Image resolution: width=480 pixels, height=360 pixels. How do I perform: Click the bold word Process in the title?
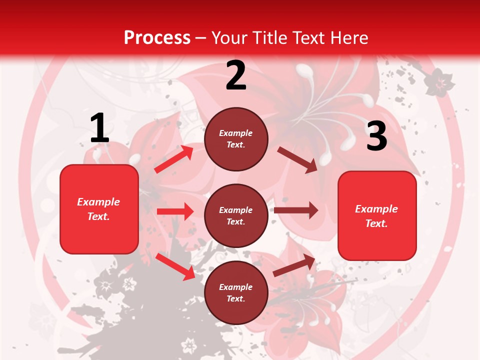(x=157, y=37)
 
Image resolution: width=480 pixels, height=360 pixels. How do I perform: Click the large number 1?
(x=99, y=128)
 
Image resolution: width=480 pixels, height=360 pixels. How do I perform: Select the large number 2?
(x=236, y=75)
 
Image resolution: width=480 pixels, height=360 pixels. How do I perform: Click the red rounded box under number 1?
(x=99, y=209)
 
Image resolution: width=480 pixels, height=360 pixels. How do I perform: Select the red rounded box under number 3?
(x=377, y=216)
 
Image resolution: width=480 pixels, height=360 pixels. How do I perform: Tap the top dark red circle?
(x=236, y=139)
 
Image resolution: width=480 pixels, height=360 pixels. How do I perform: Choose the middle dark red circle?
(x=236, y=215)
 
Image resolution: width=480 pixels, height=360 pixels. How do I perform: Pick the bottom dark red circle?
(x=236, y=292)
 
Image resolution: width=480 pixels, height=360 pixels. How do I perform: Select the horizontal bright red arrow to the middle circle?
(x=175, y=211)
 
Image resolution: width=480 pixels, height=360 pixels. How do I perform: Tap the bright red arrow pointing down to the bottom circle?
(x=175, y=266)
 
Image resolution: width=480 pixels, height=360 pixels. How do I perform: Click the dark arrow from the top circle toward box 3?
(x=297, y=159)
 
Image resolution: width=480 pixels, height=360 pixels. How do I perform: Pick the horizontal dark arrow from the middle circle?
(x=296, y=210)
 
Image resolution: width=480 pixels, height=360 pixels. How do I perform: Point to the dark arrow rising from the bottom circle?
(x=294, y=265)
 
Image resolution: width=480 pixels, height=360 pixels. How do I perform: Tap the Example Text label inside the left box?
(x=98, y=209)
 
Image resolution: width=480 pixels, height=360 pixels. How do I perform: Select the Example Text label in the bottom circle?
(x=235, y=292)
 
